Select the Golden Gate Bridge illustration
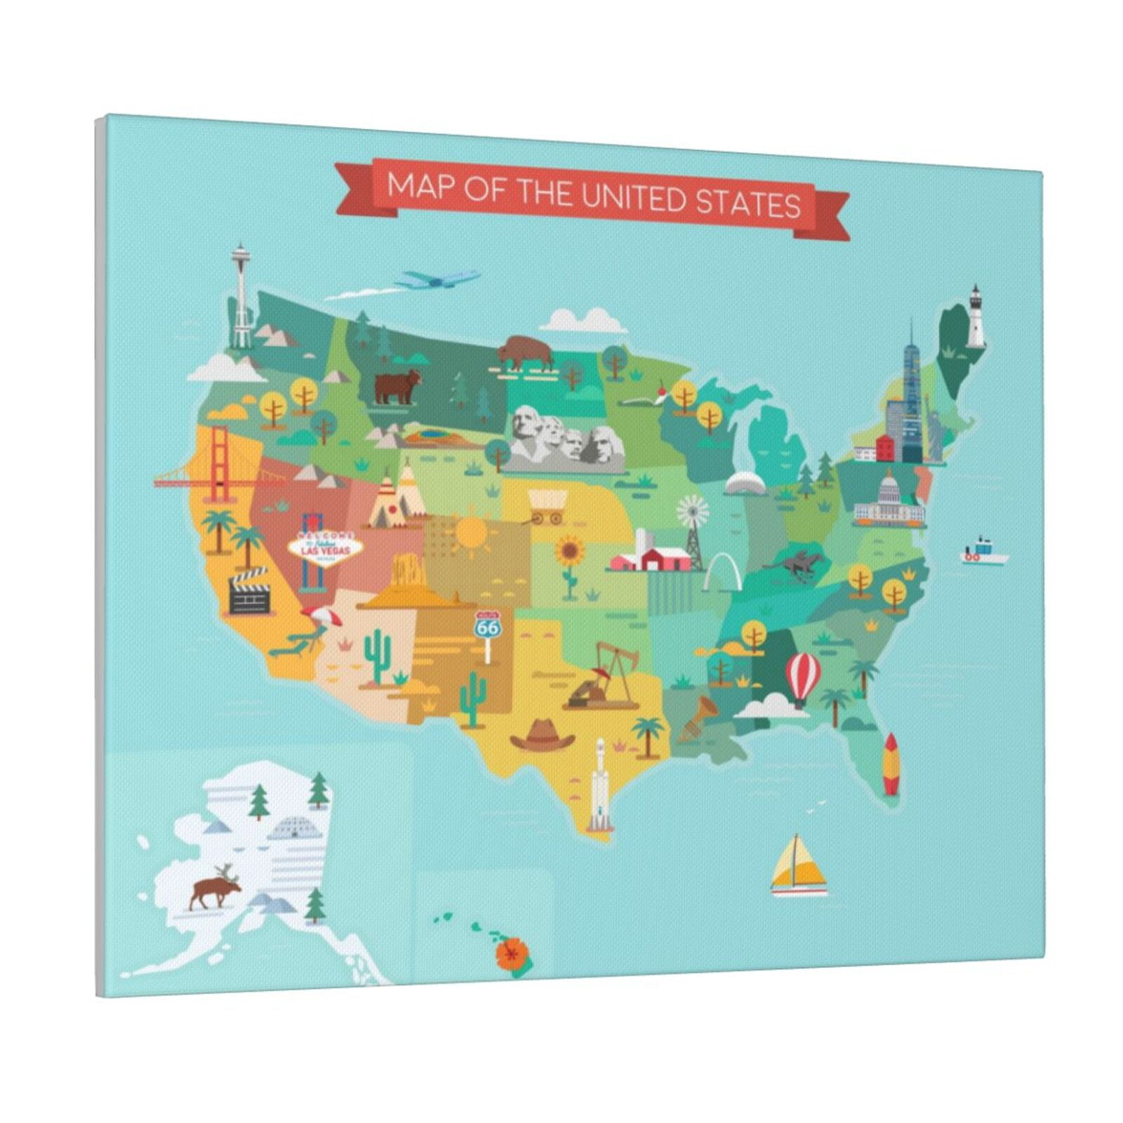click(x=220, y=467)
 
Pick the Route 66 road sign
click(x=486, y=627)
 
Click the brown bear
click(x=397, y=387)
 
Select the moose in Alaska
click(x=215, y=890)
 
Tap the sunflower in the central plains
click(x=569, y=559)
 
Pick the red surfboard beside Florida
click(x=890, y=763)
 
